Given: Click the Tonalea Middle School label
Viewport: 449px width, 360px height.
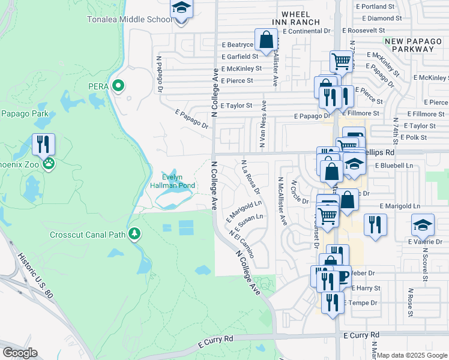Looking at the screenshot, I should [139, 19].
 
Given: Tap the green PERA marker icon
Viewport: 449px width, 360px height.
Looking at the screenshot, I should [119, 86].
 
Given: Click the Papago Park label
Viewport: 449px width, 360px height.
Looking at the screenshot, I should [23, 113].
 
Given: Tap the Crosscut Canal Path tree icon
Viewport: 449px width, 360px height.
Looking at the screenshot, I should [136, 233].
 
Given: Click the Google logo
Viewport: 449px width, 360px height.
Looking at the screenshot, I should [20, 353].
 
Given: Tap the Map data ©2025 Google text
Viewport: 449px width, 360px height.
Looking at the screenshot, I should [412, 355].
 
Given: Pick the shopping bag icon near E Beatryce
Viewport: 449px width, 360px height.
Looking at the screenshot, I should [265, 40].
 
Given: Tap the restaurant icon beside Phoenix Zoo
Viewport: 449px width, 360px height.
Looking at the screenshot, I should [43, 144].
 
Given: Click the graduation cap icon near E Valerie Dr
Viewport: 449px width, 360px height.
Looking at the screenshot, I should [423, 225].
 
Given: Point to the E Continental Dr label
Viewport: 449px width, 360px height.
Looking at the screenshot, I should [307, 31].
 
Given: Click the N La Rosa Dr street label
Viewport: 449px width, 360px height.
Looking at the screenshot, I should [250, 176].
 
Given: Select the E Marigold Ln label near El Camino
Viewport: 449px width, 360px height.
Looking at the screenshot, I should [244, 212].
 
